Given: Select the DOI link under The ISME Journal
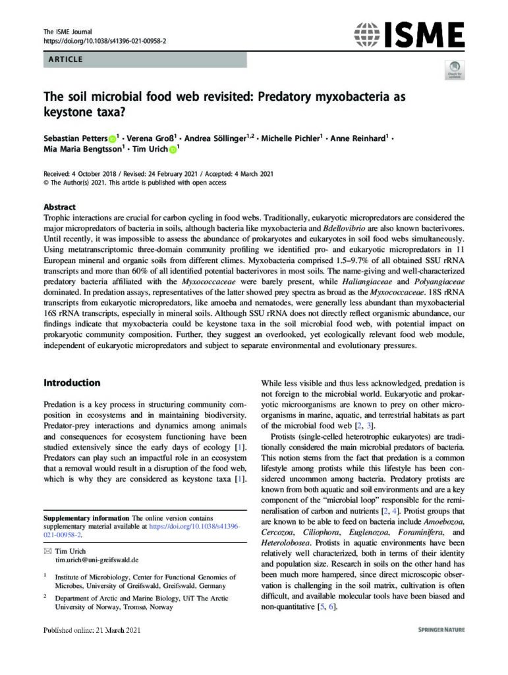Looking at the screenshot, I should pyautogui.click(x=105, y=41).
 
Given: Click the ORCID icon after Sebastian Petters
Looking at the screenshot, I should pyautogui.click(x=112, y=138).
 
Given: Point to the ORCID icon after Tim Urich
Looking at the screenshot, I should pyautogui.click(x=174, y=150).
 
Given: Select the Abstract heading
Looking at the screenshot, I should pyautogui.click(x=59, y=207).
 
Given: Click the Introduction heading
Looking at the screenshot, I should pyautogui.click(x=72, y=382).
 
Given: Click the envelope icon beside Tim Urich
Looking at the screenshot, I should pyautogui.click(x=47, y=550).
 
